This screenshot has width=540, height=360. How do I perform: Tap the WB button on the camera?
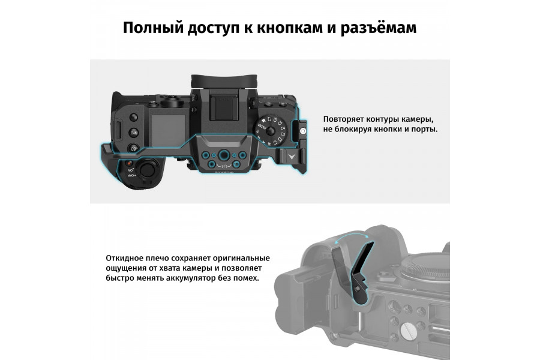tap(135, 132)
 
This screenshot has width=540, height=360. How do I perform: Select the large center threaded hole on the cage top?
tap(223, 153)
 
